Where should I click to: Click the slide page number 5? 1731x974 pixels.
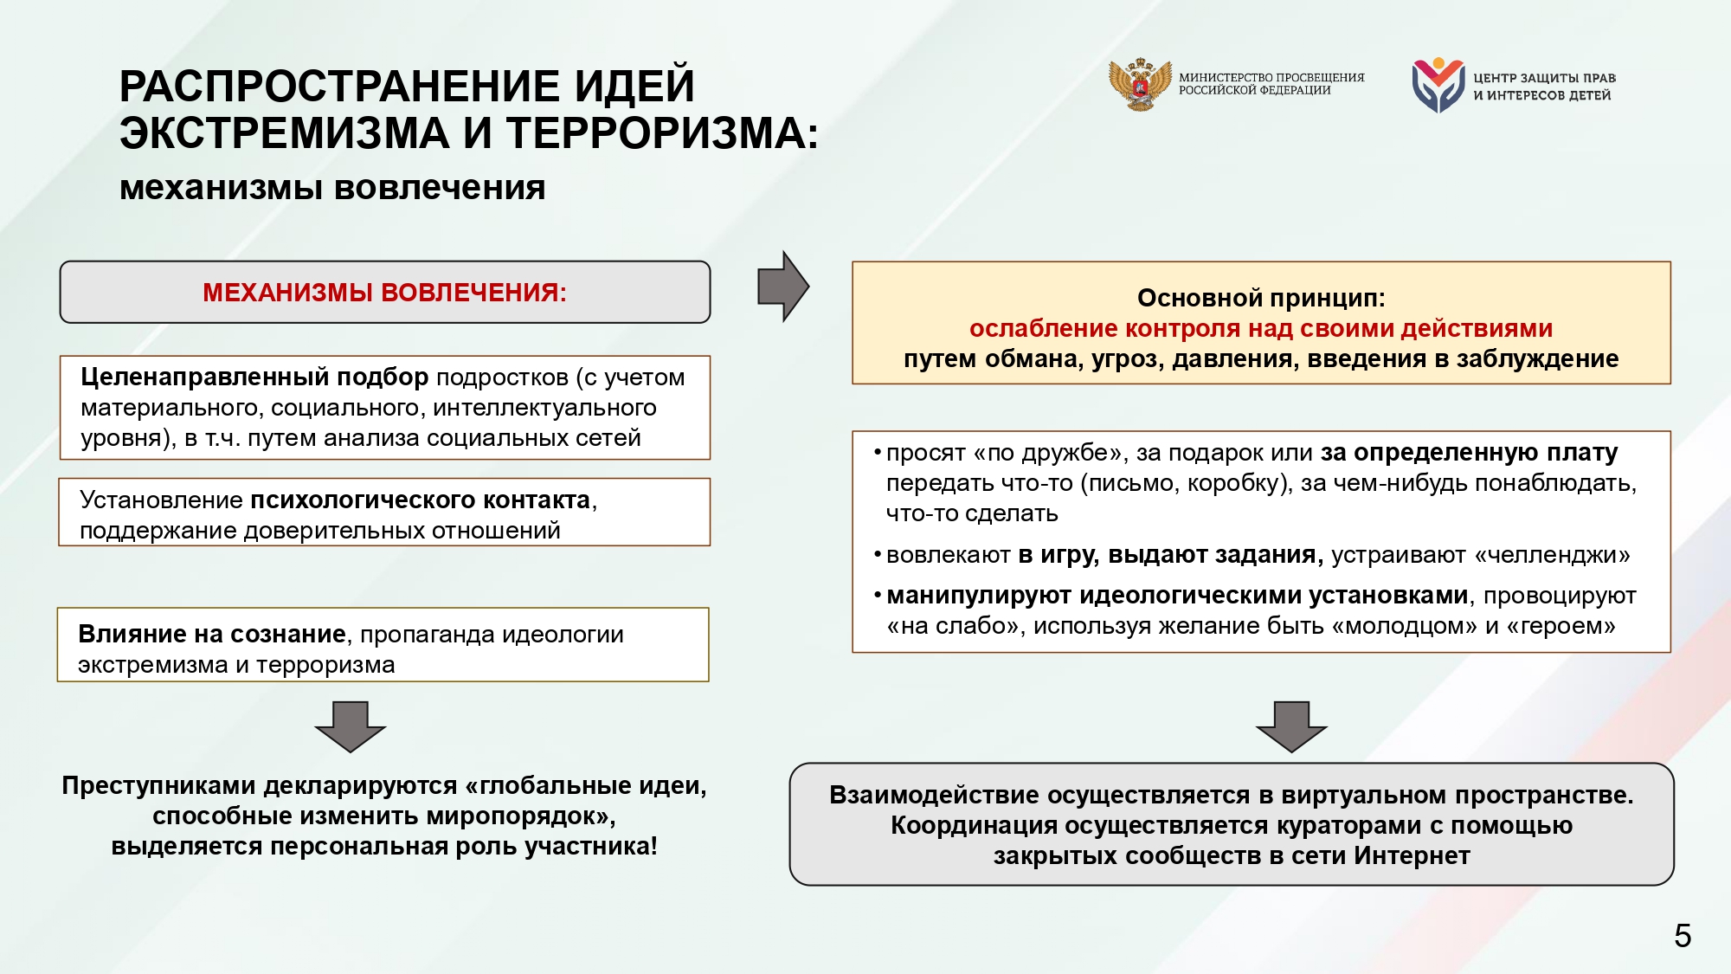click(x=1682, y=936)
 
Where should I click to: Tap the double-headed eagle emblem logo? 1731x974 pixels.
click(x=1140, y=85)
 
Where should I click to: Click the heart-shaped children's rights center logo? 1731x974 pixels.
click(x=1438, y=85)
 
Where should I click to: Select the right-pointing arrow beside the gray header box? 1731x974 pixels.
click(x=783, y=287)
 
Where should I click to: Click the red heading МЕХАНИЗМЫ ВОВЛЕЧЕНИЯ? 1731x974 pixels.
click(x=384, y=293)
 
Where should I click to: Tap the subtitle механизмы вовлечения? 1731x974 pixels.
click(x=332, y=188)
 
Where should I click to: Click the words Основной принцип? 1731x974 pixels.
click(x=1261, y=298)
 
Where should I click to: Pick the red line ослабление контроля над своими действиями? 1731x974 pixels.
click(x=1261, y=329)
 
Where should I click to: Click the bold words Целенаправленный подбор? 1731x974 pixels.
click(x=254, y=377)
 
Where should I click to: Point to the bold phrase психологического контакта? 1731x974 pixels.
click(x=421, y=500)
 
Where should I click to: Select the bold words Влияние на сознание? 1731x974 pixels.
click(x=211, y=635)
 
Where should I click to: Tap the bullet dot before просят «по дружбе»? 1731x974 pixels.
click(x=878, y=452)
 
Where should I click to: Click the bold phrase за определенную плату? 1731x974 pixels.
click(x=1469, y=453)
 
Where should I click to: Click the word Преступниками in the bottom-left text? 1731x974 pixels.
click(x=158, y=786)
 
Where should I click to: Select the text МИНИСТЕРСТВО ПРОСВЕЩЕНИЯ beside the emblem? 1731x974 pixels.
click(x=1271, y=78)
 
